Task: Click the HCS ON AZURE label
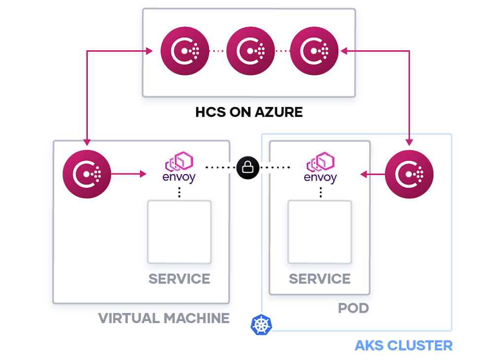(249, 112)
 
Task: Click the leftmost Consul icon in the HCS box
(184, 51)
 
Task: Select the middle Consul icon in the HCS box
(250, 51)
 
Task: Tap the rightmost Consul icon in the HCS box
(314, 51)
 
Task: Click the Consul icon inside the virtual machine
(87, 174)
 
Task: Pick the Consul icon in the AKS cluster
(409, 174)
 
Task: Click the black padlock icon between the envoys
(248, 168)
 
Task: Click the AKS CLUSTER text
(403, 345)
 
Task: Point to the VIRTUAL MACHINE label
(164, 318)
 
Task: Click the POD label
(353, 309)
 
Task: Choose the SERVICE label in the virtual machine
(179, 279)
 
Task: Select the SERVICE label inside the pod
(319, 279)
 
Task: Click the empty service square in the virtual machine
(179, 232)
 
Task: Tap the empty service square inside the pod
(319, 232)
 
